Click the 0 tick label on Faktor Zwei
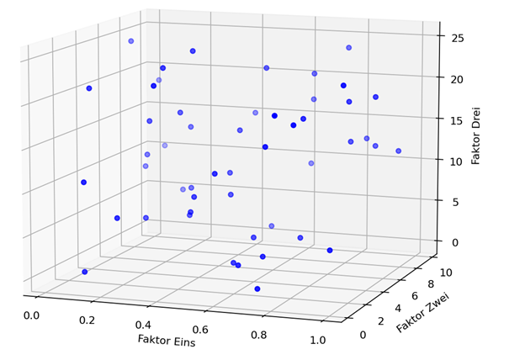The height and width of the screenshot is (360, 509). pos(363,335)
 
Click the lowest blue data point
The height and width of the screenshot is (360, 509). pos(257,289)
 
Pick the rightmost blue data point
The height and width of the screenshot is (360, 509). pos(399,151)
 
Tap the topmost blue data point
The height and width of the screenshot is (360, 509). pos(131,40)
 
